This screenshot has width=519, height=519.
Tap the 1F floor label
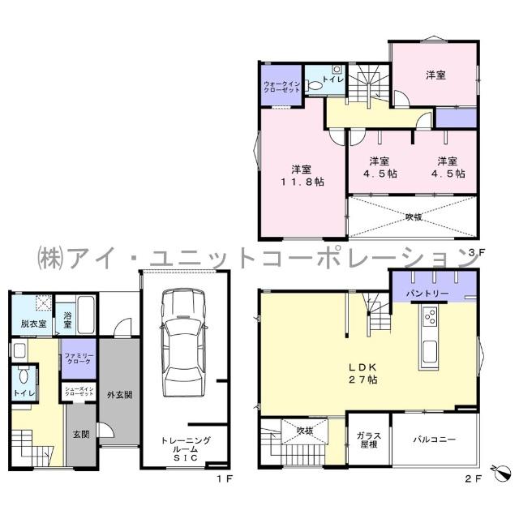223,478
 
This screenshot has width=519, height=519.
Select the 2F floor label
474,478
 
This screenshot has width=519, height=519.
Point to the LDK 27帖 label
362,372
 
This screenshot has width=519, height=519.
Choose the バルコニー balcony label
434,440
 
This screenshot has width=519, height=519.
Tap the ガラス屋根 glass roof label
369,440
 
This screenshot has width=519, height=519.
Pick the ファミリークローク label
79,358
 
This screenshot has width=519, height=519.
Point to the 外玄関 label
119,396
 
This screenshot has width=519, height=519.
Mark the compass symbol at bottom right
500,473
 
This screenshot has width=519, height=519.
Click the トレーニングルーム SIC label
186,448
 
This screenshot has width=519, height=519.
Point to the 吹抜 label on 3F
413,217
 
